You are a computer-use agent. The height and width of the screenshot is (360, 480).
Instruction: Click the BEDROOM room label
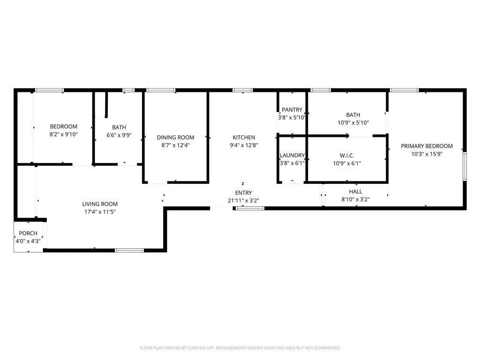coord(64,127)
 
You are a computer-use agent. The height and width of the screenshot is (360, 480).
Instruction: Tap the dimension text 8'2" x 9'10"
coord(64,135)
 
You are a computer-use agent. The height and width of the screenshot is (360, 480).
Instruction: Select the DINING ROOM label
coord(175,137)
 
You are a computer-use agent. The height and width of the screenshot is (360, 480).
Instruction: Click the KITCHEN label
coord(244,137)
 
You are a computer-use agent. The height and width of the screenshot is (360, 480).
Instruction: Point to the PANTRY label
coord(292,110)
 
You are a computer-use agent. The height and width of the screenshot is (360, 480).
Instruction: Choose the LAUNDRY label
coord(292,156)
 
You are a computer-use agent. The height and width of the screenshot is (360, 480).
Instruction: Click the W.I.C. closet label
coord(346,156)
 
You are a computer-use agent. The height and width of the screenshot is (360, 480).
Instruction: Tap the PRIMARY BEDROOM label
coord(427,146)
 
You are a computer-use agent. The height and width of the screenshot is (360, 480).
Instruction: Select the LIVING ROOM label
coord(100,204)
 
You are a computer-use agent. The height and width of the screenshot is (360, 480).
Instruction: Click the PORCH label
coord(28,233)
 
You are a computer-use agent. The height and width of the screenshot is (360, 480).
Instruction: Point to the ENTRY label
coord(243,193)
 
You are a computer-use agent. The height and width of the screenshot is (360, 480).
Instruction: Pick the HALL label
coord(355,192)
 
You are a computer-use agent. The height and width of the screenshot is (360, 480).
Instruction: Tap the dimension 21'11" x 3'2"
coord(243,201)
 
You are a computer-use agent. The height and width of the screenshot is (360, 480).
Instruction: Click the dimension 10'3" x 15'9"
coord(427,154)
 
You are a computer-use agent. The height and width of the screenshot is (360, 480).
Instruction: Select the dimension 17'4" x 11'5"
coord(100,212)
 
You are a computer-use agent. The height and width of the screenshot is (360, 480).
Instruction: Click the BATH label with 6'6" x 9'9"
coord(119,127)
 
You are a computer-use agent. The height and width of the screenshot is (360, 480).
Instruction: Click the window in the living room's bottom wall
coord(129,250)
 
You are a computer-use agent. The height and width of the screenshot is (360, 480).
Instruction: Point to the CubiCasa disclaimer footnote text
coord(240,348)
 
